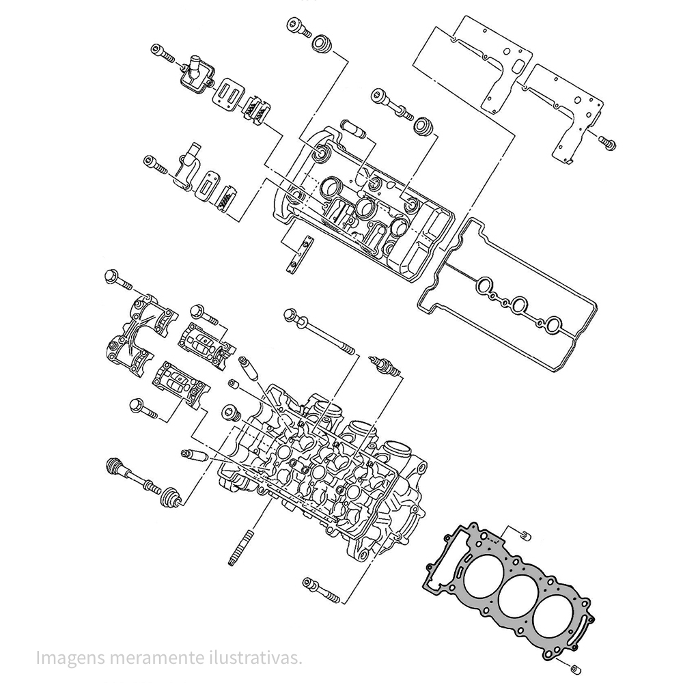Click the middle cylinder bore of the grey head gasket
[x=517, y=598]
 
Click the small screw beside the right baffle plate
[x=607, y=142]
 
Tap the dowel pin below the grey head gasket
[x=575, y=667]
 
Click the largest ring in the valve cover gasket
[x=519, y=305]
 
